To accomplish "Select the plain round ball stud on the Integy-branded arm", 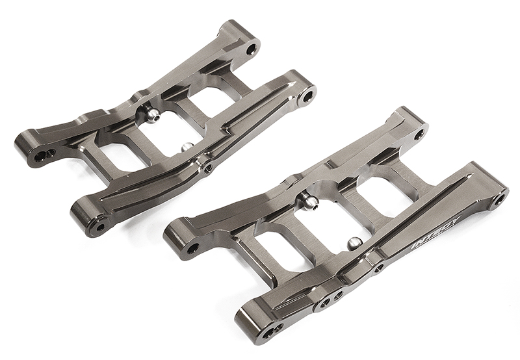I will coord(356,244).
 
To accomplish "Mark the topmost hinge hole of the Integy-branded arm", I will coord(419,134).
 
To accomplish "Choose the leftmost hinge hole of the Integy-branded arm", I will coord(192,248).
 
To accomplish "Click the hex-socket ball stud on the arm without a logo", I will coord(150,116).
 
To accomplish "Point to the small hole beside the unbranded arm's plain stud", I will coord(207,168).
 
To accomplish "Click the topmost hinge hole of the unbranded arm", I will coord(251,48).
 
